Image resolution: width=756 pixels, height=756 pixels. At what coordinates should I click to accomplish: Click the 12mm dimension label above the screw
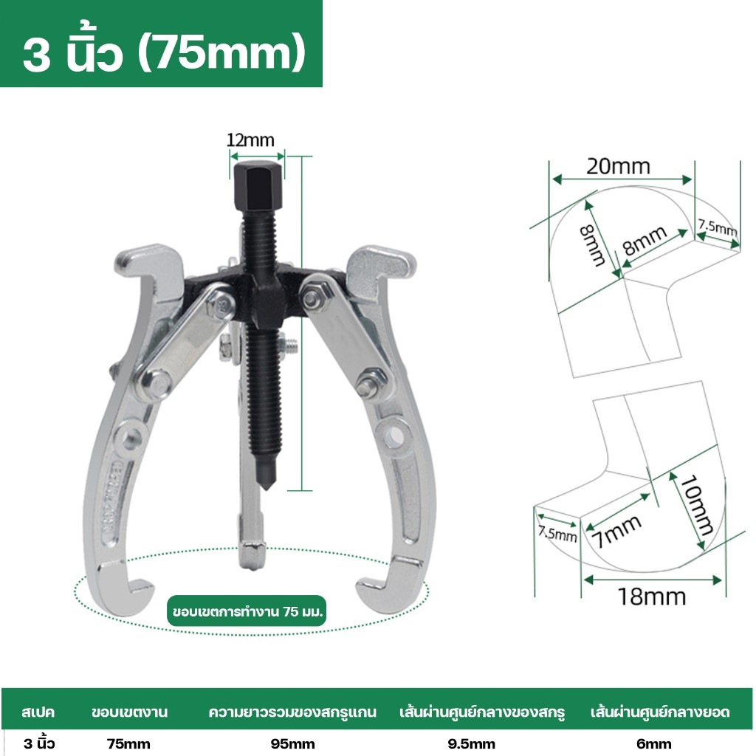pyautogui.click(x=250, y=140)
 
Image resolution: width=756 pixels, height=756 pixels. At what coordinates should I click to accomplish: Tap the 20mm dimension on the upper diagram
pyautogui.click(x=618, y=166)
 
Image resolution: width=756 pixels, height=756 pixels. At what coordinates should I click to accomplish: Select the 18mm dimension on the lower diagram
pyautogui.click(x=652, y=597)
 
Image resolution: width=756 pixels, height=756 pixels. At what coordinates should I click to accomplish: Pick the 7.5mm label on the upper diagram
pyautogui.click(x=718, y=227)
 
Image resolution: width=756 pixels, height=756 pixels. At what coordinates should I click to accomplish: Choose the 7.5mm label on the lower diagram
pyautogui.click(x=557, y=534)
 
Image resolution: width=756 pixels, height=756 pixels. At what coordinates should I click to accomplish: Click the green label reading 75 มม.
pyautogui.click(x=247, y=611)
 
